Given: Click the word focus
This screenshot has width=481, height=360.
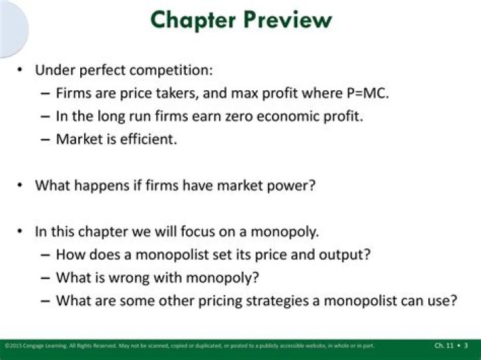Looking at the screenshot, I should click(202, 232).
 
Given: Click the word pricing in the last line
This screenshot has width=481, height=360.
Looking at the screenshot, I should click(212, 301).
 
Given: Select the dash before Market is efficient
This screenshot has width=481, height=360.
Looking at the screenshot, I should click(45, 140).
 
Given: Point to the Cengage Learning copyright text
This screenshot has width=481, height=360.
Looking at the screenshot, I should click(40, 345).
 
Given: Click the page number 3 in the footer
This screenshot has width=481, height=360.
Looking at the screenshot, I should click(466, 345).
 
